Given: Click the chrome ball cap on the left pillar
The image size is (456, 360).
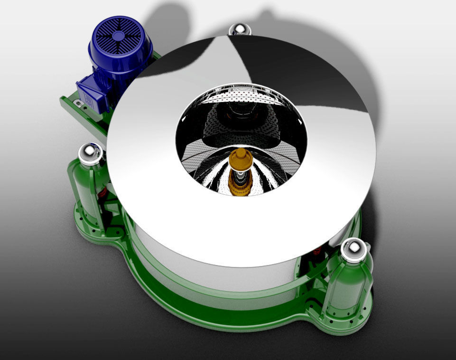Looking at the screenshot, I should click(x=91, y=153).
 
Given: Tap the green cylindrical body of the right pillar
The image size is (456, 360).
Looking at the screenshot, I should click(x=346, y=285).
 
